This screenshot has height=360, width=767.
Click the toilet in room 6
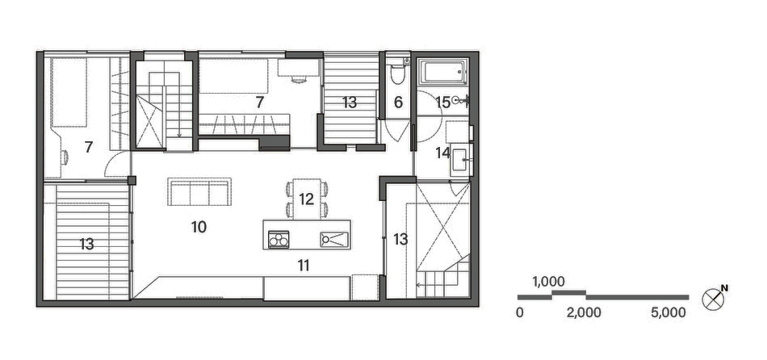pyautogui.click(x=396, y=74)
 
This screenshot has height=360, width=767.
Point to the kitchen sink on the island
pyautogui.click(x=334, y=238)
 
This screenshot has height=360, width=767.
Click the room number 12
pyautogui.click(x=306, y=199)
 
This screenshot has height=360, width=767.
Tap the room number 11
pyautogui.click(x=304, y=263)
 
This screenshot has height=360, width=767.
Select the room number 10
pyautogui.click(x=199, y=227)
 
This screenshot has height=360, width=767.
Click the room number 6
pyautogui.click(x=397, y=103)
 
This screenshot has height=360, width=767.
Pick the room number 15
pyautogui.click(x=442, y=102)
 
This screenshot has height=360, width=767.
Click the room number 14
pyautogui.click(x=443, y=152)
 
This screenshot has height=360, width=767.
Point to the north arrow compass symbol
pyautogui.click(x=715, y=298)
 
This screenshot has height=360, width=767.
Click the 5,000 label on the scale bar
pyautogui.click(x=668, y=312)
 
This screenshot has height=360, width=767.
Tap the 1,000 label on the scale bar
pyautogui.click(x=548, y=282)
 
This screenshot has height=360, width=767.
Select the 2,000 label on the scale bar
pyautogui.click(x=584, y=312)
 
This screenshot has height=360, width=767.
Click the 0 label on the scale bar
pyautogui.click(x=520, y=312)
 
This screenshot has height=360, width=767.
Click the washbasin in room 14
pyautogui.click(x=462, y=157)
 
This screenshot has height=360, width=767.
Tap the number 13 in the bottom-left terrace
pyautogui.click(x=87, y=243)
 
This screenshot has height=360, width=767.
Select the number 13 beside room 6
pyautogui.click(x=349, y=103)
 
